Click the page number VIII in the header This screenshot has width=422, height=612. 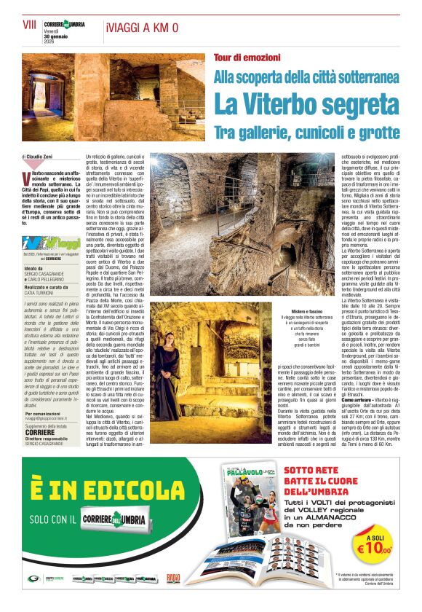tap(30, 25)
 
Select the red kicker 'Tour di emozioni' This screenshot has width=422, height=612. tap(247, 57)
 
